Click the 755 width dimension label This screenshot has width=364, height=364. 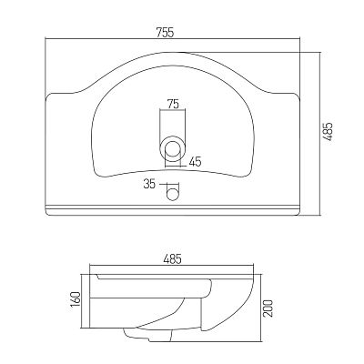(166, 32)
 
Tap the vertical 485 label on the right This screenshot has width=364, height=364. (328, 132)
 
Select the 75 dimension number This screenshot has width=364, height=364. (173, 105)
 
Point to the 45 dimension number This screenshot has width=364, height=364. (195, 161)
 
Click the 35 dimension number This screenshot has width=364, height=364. (149, 184)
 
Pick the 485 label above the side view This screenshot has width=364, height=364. (172, 259)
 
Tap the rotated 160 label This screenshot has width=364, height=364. (76, 298)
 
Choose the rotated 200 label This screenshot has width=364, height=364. (268, 308)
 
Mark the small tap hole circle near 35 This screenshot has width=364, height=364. (173, 194)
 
